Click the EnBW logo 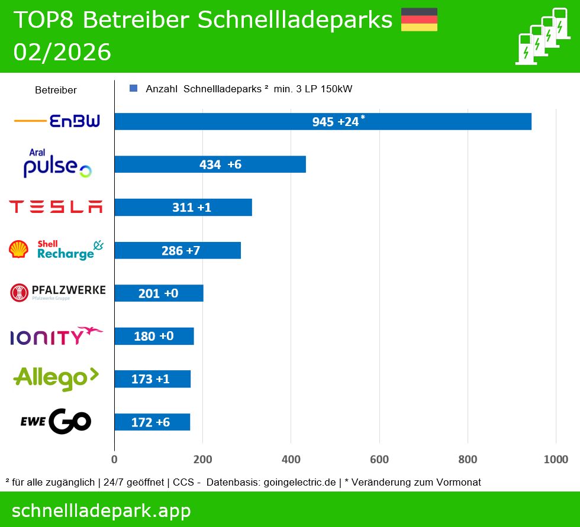point(57,122)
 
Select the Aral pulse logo point(57,164)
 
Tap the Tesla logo point(56,206)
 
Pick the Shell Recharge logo point(56,250)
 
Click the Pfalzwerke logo point(57,292)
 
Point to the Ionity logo point(56,335)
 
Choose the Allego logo point(56,378)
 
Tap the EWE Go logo point(56,421)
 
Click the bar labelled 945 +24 point(323,121)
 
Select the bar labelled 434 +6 point(210,164)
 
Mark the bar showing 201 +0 point(159,293)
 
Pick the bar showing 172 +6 point(152,422)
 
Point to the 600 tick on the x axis point(379,460)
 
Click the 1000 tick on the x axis point(556,460)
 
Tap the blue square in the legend point(133,89)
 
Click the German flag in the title point(419,20)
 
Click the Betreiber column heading point(56,90)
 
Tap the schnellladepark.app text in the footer point(101,510)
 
